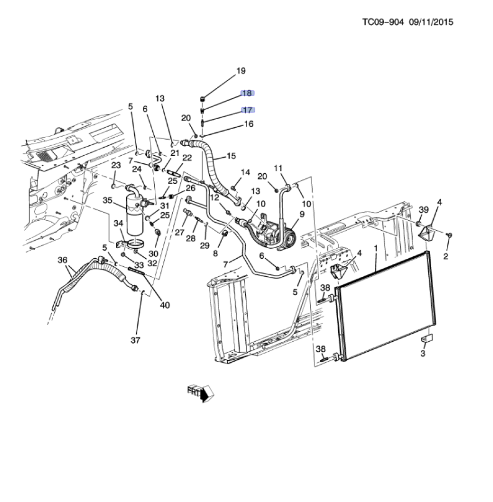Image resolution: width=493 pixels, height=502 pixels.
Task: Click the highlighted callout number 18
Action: pos(247,93)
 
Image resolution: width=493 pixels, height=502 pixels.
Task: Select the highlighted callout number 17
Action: pos(247,110)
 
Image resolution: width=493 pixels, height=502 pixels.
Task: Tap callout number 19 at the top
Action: pos(241,71)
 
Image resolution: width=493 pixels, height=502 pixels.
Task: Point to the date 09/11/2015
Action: pos(431,22)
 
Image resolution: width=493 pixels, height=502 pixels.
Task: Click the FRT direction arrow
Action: pos(201,393)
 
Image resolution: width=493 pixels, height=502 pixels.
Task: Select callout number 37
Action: pos(135,340)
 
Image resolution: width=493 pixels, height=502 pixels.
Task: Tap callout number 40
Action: pos(165,305)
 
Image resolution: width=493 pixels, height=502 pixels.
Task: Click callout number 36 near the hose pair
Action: pos(63,260)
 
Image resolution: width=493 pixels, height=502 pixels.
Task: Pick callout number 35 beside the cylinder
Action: pos(108,200)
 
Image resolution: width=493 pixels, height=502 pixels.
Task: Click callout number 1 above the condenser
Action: pos(376,248)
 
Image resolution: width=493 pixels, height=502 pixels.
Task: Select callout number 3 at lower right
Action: pos(423,353)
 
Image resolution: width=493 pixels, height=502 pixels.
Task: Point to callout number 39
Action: pos(424,210)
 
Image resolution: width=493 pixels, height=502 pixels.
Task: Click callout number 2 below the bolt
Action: pos(446,256)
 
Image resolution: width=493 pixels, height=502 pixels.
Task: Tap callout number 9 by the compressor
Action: pos(302,214)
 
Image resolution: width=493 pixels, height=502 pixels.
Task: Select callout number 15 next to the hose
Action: pos(231,156)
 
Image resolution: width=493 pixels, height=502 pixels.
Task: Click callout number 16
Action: pos(249,124)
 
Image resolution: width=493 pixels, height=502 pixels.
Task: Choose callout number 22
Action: pos(187,157)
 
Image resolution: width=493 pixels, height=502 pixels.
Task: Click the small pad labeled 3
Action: pos(427,338)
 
